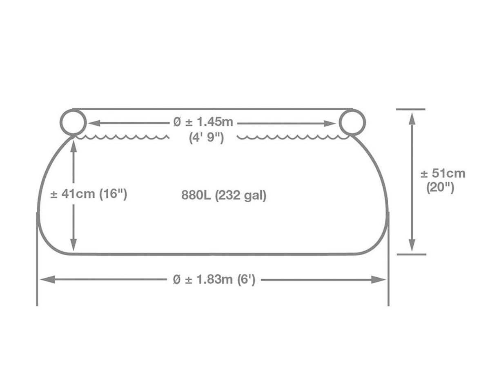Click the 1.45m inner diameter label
(x=203, y=122)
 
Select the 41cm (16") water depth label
(x=89, y=194)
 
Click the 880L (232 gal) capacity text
(x=224, y=195)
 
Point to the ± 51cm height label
(x=443, y=173)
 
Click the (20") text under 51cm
(x=440, y=188)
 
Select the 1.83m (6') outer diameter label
(x=214, y=279)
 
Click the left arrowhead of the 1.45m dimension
(x=94, y=123)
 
